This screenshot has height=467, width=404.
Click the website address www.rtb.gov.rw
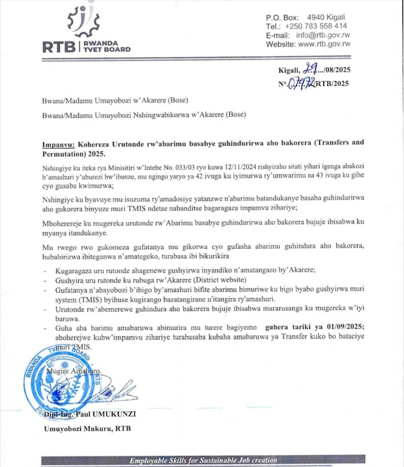[x=324, y=44]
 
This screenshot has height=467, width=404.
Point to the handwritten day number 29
[x=310, y=70]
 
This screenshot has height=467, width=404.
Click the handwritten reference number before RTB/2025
[x=302, y=84]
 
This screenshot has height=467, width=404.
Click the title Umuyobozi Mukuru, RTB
[x=87, y=428]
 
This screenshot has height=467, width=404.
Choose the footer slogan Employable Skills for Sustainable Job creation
[x=203, y=460]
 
